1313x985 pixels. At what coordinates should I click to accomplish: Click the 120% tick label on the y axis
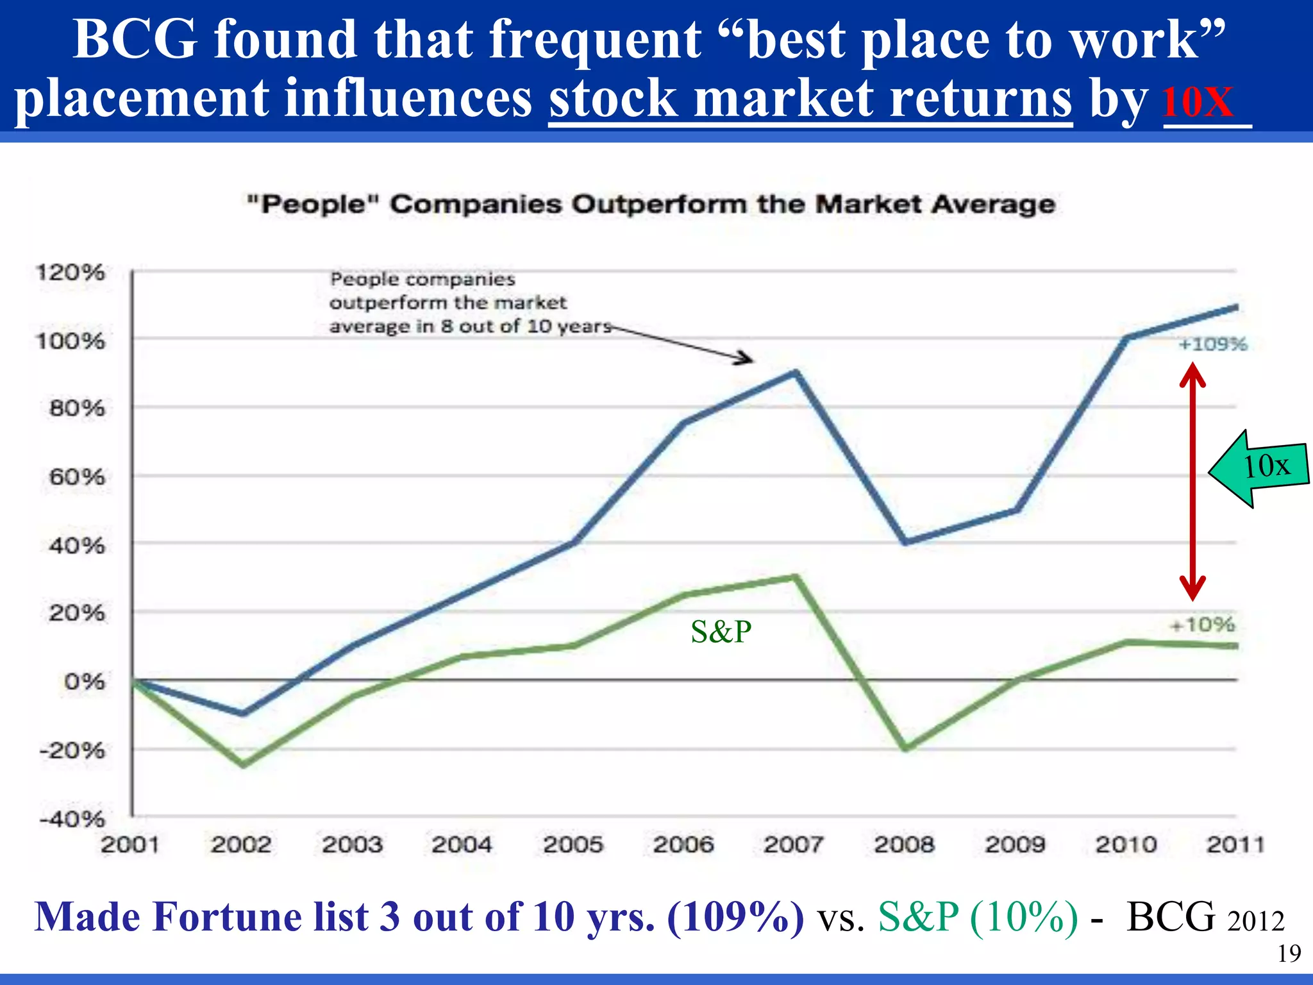click(70, 273)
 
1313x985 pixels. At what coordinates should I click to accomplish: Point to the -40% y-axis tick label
click(71, 819)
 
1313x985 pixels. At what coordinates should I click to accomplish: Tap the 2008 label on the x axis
click(904, 845)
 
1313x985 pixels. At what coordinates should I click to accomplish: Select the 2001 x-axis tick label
click(130, 845)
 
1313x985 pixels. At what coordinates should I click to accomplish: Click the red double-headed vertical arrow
click(1192, 481)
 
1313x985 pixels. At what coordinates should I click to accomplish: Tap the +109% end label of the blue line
click(1213, 344)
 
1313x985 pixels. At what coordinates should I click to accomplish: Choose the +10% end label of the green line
click(1202, 624)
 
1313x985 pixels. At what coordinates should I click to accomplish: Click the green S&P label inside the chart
click(721, 632)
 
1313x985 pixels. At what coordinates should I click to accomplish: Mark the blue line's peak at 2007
click(795, 373)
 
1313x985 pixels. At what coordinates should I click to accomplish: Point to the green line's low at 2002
click(243, 764)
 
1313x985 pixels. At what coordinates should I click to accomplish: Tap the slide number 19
click(1289, 954)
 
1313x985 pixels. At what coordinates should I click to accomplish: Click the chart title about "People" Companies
click(651, 205)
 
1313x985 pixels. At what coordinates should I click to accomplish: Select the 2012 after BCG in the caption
click(1256, 922)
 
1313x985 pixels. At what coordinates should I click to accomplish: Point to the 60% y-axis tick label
click(76, 477)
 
